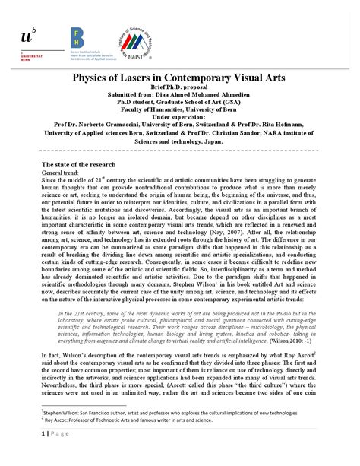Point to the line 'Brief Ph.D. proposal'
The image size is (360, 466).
[x=181, y=89]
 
